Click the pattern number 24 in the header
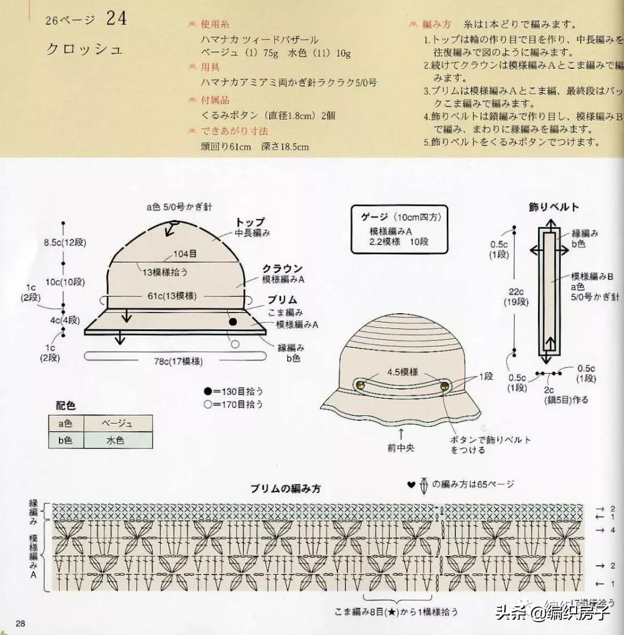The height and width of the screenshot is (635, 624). click(116, 19)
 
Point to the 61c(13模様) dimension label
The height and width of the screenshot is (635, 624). click(172, 297)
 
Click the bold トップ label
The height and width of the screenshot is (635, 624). click(250, 222)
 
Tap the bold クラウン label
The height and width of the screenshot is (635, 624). click(282, 269)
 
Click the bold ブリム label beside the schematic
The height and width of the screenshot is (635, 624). click(282, 300)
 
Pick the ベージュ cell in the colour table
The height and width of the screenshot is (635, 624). click(117, 424)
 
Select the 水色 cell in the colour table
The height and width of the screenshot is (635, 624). click(117, 440)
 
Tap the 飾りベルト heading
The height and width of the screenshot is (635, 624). click(554, 206)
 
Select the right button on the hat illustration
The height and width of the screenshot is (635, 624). click(444, 385)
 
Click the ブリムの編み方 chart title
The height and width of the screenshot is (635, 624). click(285, 488)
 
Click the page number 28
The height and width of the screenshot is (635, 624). click(20, 623)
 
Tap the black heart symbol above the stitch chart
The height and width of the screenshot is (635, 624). click(411, 485)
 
